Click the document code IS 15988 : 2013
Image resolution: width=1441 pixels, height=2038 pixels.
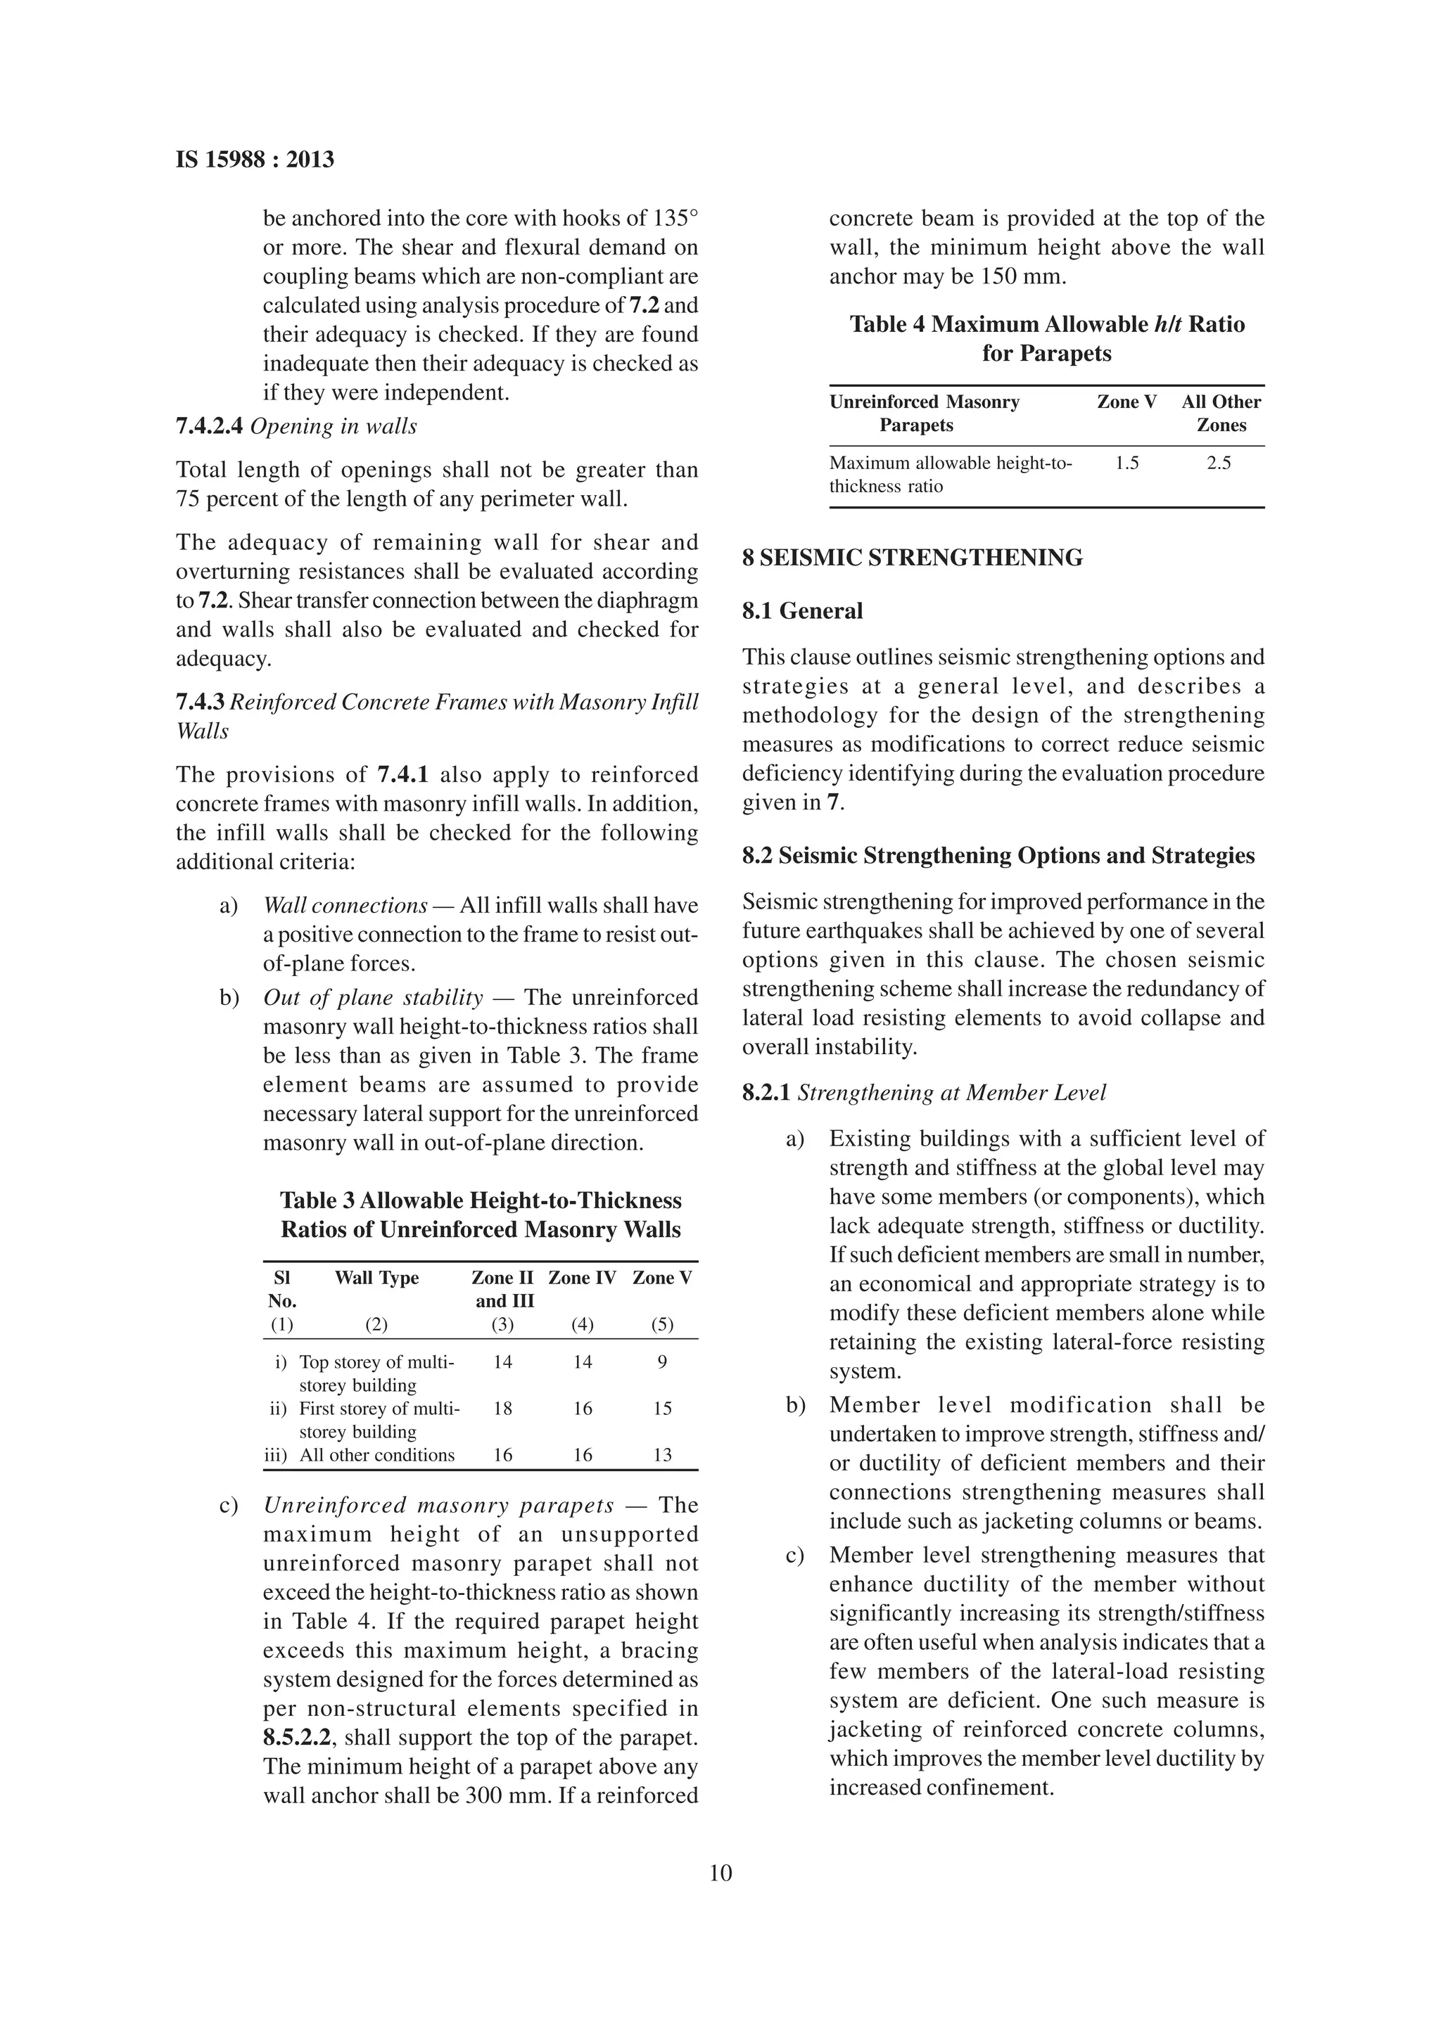click(255, 160)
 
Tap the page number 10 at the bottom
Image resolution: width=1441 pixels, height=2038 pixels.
click(720, 1873)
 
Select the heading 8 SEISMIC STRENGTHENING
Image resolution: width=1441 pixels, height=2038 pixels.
click(913, 558)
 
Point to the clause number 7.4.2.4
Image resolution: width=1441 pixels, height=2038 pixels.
click(210, 426)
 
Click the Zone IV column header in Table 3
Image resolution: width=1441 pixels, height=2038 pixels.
click(582, 1278)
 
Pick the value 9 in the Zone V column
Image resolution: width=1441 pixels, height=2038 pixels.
click(662, 1361)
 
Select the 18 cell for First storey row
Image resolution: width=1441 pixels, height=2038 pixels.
click(502, 1409)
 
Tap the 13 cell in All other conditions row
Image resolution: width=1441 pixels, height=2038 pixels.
click(662, 1455)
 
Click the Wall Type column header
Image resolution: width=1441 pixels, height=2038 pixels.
click(376, 1278)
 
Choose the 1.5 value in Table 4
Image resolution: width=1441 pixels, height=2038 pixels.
click(1126, 463)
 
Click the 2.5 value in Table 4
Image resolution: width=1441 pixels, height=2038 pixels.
click(1219, 463)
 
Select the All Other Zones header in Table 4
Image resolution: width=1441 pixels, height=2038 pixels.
click(1221, 414)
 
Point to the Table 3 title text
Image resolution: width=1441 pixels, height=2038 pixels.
click(481, 1215)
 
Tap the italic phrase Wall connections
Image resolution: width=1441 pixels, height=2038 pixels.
click(345, 905)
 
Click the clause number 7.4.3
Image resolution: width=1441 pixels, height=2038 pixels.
click(201, 702)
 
